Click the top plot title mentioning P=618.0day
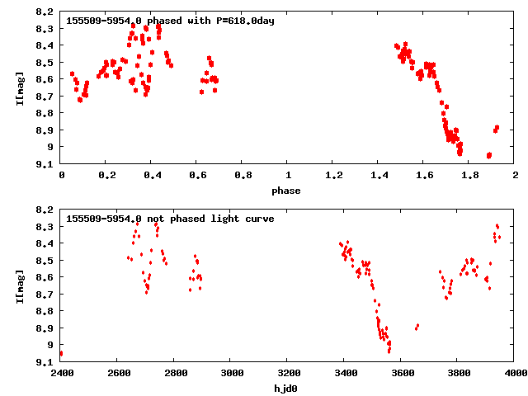point(169,21)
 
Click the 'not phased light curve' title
point(169,219)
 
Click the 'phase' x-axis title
point(288,191)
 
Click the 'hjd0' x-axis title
point(288,388)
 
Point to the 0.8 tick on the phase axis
point(243,176)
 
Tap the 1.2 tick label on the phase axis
point(333,176)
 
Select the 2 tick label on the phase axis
point(515,176)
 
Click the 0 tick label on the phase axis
point(62,176)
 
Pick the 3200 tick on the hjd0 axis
point(288,374)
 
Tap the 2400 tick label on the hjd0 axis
point(62,374)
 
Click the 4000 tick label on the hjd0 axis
point(515,374)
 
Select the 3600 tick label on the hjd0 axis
point(402,374)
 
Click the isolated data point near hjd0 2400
point(62,353)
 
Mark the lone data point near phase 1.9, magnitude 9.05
point(489,155)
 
